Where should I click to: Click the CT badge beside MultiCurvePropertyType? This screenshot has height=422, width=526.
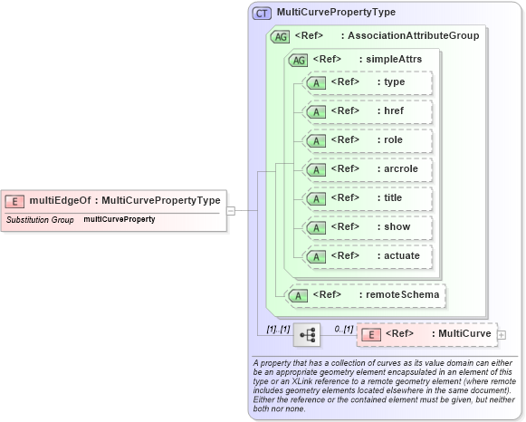point(262,13)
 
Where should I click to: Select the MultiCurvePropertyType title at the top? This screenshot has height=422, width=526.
point(336,13)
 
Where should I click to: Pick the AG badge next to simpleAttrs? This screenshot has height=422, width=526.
point(297,60)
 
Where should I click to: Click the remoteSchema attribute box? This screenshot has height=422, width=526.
point(366,294)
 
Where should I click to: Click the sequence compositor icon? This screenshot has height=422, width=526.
point(307,335)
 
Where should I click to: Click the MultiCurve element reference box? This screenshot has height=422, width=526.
point(426,335)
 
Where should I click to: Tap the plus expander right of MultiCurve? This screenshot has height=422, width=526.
point(502,335)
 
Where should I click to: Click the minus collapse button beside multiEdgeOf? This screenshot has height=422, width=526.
point(231,210)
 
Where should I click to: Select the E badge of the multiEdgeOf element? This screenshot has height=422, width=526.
point(14,201)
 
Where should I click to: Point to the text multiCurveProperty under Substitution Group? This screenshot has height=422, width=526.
point(119,220)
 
